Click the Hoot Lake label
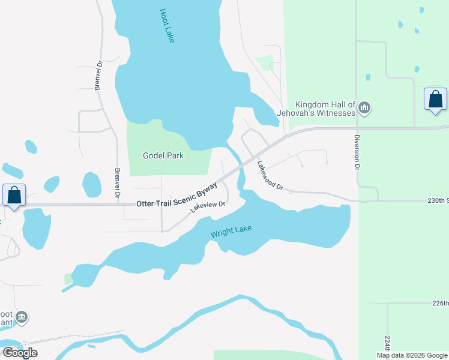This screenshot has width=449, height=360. point(167,25)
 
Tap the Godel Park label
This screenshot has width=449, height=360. point(163,155)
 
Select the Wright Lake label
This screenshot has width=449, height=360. point(231,230)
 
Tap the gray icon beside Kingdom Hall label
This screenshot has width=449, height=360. point(364,108)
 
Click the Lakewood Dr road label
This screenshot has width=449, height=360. point(270,176)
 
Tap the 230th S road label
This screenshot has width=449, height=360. point(438,200)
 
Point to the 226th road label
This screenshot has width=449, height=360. point(440,303)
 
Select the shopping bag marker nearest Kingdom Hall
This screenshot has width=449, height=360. point(435,99)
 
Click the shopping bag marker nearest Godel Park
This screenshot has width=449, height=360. point(14,195)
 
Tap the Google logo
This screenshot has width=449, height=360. point(20,352)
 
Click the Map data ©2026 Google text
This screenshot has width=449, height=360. point(411,355)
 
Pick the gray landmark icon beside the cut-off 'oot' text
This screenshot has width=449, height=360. point(22,316)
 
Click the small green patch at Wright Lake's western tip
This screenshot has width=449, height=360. point(68,278)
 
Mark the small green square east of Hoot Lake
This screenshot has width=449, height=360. point(264,62)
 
